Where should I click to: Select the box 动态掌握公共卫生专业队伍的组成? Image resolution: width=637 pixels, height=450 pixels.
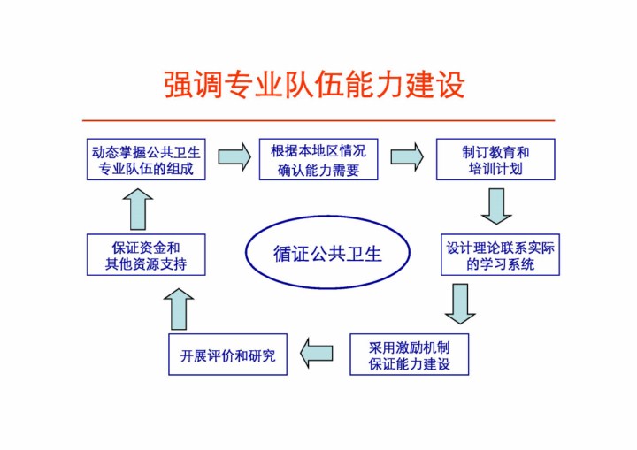coord(146,160)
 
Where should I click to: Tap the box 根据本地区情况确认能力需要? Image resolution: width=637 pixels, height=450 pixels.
coord(318,160)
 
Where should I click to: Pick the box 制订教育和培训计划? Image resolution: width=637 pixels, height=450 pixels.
coord(495,160)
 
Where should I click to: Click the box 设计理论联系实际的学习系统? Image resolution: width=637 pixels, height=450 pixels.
coord(501,256)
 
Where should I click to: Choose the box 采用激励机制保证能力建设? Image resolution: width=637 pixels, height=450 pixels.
coord(409,355)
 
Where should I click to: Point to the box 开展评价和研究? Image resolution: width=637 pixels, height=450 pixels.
coord(228,355)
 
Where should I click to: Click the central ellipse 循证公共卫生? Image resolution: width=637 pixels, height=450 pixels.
coord(327,255)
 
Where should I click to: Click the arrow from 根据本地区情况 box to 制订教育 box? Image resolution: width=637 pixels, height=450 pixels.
coord(407,158)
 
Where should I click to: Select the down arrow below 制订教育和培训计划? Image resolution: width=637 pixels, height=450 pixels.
coord(496,206)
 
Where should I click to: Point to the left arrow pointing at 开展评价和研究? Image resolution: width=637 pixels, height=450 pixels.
coord(317,354)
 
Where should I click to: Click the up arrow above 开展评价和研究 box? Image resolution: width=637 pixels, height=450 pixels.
coord(179,309)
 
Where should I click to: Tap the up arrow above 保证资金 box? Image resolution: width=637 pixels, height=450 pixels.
coord(138,209)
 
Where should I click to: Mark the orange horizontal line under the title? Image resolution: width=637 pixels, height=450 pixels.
coord(318,120)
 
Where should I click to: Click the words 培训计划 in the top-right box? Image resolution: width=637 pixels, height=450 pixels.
coord(495,169)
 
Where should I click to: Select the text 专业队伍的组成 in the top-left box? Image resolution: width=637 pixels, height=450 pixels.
coord(146,169)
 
